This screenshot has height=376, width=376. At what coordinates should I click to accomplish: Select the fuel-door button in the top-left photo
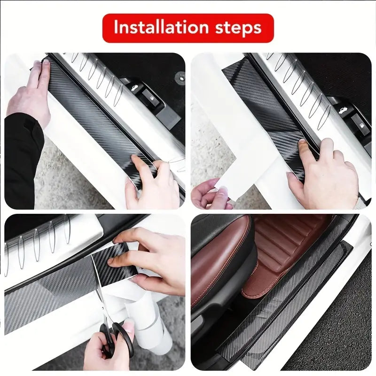click(150, 98)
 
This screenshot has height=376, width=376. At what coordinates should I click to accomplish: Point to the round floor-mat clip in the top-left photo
click(180, 77)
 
